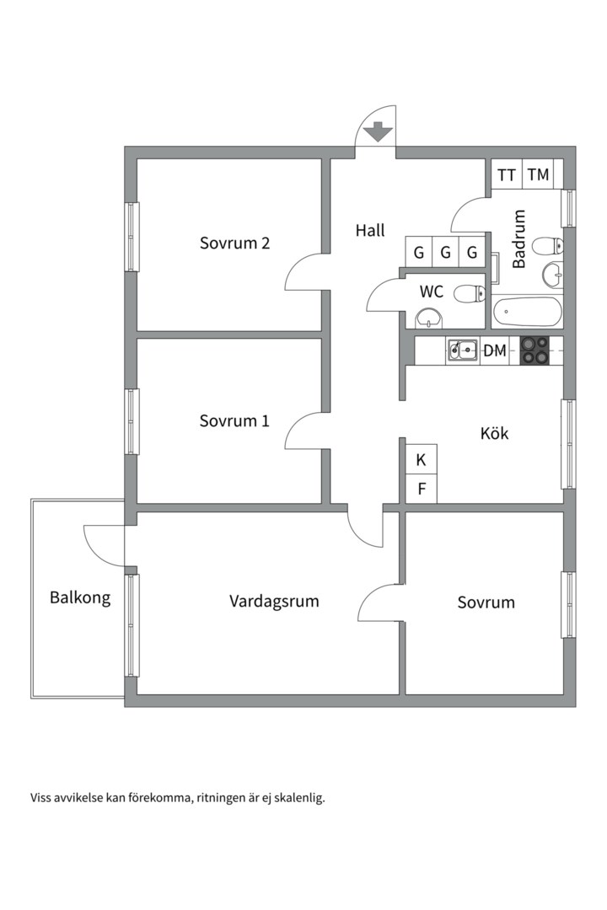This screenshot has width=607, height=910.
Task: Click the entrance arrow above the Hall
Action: point(379,132)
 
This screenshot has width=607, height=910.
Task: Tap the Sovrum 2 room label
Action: point(234,243)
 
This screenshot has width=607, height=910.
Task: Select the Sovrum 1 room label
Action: point(234,420)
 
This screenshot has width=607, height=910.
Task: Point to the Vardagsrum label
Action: point(274,602)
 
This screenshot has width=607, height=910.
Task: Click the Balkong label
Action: point(80,597)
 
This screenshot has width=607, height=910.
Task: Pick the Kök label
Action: point(494,433)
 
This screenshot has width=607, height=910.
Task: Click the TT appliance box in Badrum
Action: point(507,174)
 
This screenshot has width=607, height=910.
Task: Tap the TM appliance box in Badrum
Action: point(538,174)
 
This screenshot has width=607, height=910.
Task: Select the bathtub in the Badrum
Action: point(528,313)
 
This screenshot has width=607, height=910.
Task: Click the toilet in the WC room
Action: point(470,294)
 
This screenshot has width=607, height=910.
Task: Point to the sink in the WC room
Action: point(428,318)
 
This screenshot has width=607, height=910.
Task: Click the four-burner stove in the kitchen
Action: point(534,351)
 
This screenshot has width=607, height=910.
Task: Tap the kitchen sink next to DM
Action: point(462,351)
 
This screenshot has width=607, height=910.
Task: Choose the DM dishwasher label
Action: point(495,351)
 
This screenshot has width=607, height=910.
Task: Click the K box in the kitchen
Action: point(422,460)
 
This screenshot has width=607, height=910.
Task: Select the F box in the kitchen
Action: point(422,490)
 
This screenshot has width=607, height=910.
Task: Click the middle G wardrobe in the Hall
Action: point(445,253)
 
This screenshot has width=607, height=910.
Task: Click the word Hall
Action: point(370,230)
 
